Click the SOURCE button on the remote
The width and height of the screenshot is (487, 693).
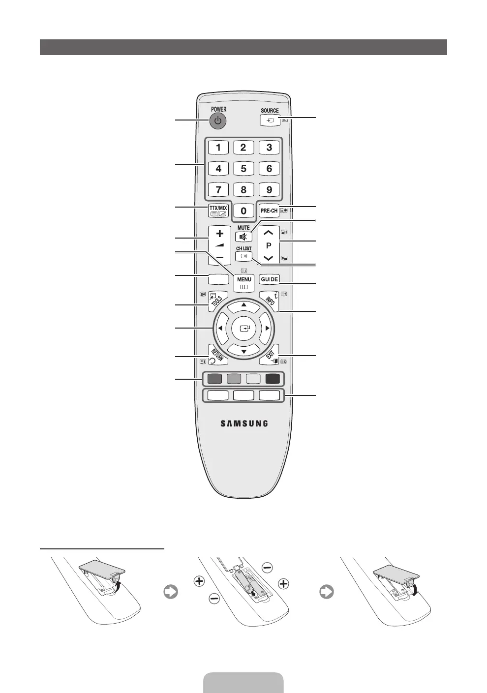pyautogui.click(x=270, y=120)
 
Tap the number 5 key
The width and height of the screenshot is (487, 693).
pyautogui.click(x=243, y=168)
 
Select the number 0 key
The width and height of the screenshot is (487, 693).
pyautogui.click(x=243, y=211)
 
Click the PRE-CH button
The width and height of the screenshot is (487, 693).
pyautogui.click(x=269, y=211)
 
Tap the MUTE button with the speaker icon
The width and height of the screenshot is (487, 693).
pyautogui.click(x=243, y=237)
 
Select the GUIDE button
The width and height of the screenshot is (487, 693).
pyautogui.click(x=270, y=279)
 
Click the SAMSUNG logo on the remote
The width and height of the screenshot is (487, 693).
pyautogui.click(x=244, y=423)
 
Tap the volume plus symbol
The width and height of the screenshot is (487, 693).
pyautogui.click(x=219, y=234)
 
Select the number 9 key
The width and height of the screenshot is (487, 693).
pyautogui.click(x=269, y=189)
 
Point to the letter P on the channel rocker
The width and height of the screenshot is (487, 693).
pyautogui.click(x=269, y=245)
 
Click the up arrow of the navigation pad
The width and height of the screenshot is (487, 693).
pyautogui.click(x=243, y=305)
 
